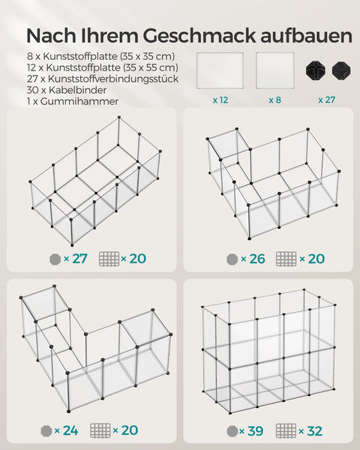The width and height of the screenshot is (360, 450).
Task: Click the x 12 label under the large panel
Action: (220, 98)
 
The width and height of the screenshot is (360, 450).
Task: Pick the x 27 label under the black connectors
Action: (326, 98)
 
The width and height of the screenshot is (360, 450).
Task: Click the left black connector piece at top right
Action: (314, 70)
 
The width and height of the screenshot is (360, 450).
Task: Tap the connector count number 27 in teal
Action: (79, 259)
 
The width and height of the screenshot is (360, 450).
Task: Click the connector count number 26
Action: (256, 259)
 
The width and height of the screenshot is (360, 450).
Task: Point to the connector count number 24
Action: (71, 430)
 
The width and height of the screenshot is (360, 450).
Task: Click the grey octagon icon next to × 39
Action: (232, 430)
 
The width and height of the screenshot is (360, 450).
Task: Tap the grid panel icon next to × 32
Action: (286, 430)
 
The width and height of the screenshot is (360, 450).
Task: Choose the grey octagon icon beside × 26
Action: (232, 259)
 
